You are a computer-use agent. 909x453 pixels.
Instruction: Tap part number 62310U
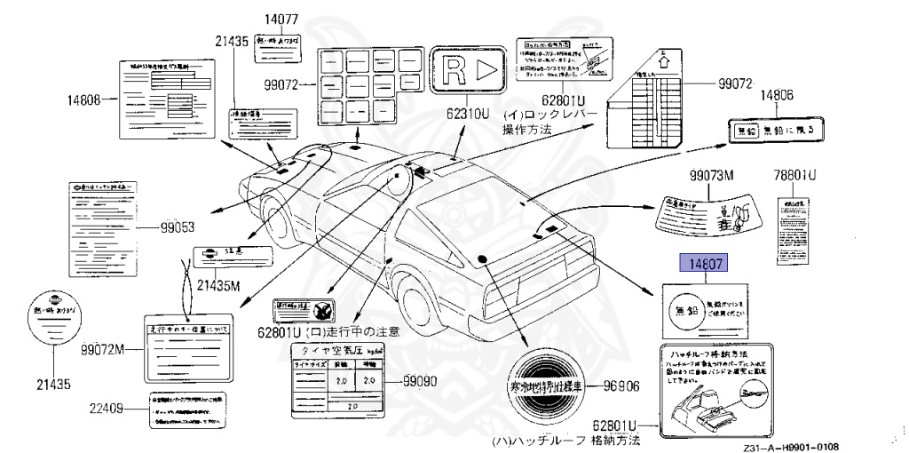tap(470, 115)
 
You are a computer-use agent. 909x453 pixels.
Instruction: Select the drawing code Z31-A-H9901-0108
tap(791, 447)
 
